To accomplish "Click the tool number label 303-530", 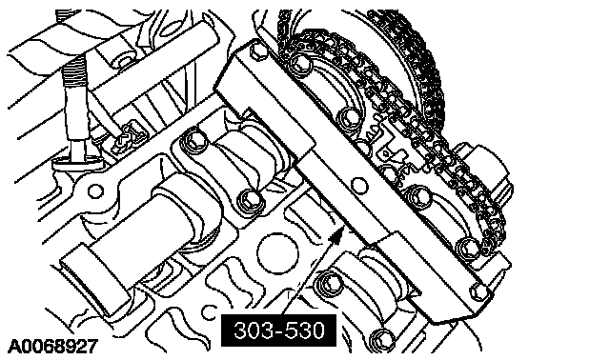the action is [x=278, y=330].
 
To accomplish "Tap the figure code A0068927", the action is [x=53, y=347].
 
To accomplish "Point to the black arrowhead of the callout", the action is [x=337, y=235].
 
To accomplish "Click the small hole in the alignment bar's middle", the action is [x=359, y=186].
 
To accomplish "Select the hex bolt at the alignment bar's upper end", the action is [x=256, y=51].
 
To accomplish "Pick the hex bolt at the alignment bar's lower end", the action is [x=479, y=290].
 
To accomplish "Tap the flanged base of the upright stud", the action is [x=78, y=161].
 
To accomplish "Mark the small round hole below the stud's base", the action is [x=95, y=191].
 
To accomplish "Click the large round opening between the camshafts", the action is [x=277, y=253].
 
